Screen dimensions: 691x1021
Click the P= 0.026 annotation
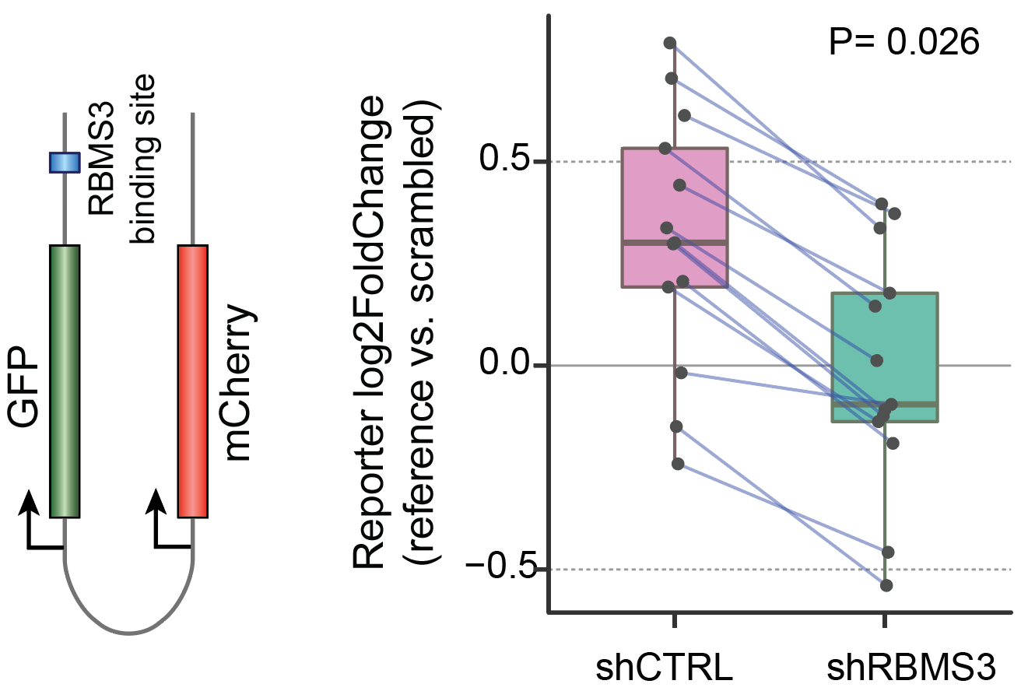click(x=903, y=43)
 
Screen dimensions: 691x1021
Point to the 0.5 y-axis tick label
click(x=505, y=162)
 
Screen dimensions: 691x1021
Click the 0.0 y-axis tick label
click(x=505, y=366)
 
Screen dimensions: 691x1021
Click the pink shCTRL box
click(x=674, y=195)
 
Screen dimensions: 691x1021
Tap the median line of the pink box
click(x=674, y=243)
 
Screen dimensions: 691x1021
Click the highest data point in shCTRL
click(x=670, y=43)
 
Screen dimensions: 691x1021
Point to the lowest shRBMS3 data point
click(x=886, y=585)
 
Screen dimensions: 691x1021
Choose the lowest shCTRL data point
click(x=678, y=464)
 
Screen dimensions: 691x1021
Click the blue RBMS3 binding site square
click(x=65, y=162)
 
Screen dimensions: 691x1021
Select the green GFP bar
click(x=65, y=381)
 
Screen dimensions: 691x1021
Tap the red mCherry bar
click(x=192, y=381)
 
